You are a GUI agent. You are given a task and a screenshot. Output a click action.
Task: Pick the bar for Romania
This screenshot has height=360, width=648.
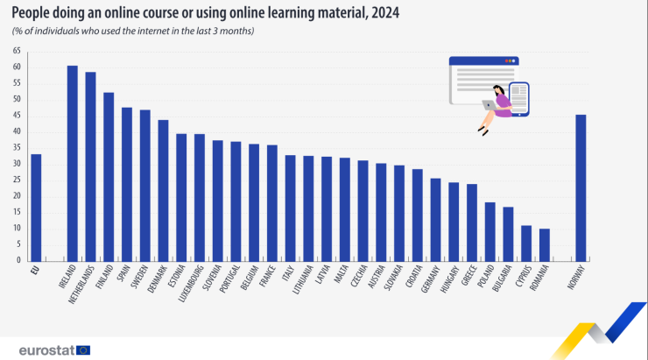tap(544, 244)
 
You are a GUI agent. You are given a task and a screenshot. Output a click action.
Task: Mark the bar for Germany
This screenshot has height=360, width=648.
tap(435, 219)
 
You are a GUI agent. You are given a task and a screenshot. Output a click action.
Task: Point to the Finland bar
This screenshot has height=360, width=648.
tap(109, 176)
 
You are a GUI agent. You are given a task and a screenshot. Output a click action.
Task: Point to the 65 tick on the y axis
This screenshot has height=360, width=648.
tap(17, 51)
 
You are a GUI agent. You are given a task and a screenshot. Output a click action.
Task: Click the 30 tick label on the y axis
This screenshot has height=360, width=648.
tap(17, 164)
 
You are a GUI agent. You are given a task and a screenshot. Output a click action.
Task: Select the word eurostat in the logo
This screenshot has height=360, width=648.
tap(45, 349)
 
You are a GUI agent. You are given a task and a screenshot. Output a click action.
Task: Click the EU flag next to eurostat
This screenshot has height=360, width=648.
tap(83, 349)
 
